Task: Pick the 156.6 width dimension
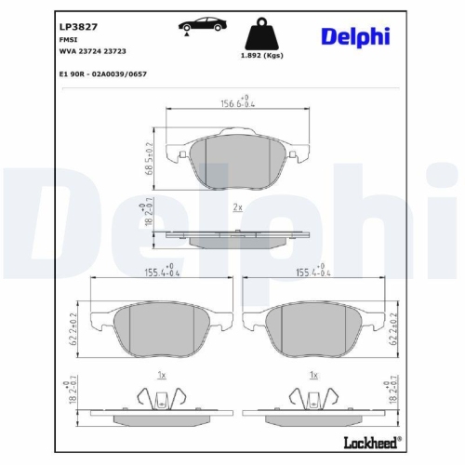235,104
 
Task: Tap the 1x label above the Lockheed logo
314,374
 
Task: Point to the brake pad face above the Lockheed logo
314,327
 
